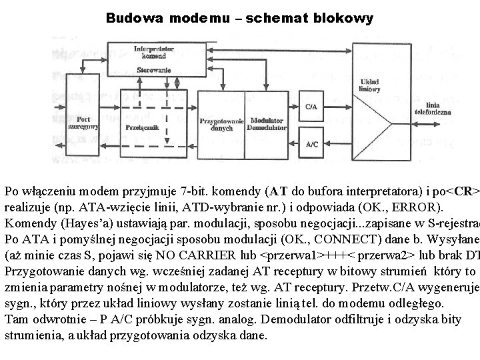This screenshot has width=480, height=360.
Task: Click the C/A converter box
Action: pos(311,107)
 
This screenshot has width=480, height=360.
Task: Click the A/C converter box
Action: pos(311,144)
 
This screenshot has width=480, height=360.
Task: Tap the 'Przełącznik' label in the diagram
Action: pos(140,127)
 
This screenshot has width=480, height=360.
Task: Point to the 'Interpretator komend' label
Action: pos(154,53)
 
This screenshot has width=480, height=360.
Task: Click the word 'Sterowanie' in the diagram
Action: pos(154,69)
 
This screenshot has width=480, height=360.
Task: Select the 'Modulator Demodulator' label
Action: pos(267,125)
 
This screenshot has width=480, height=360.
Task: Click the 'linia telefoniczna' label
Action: pos(441,108)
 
